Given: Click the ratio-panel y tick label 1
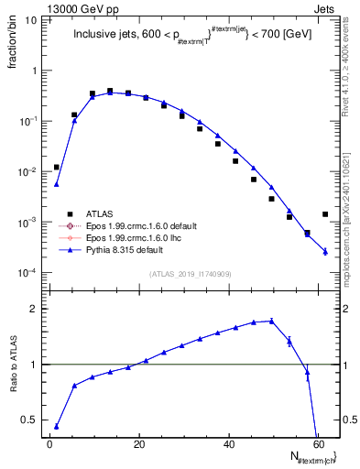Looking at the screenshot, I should coord(35,365).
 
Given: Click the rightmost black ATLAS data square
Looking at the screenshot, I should coord(325,214).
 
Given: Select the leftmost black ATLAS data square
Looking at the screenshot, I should coord(57,167).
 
